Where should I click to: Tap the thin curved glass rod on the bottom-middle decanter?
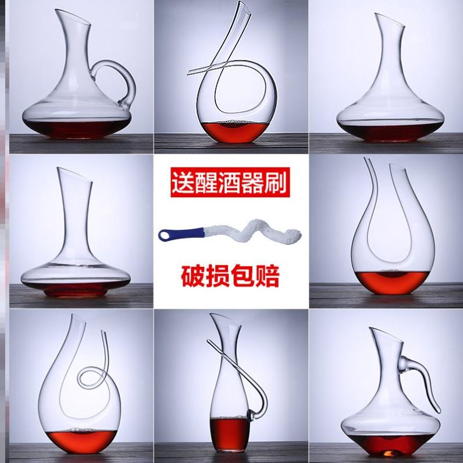click(256, 372)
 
